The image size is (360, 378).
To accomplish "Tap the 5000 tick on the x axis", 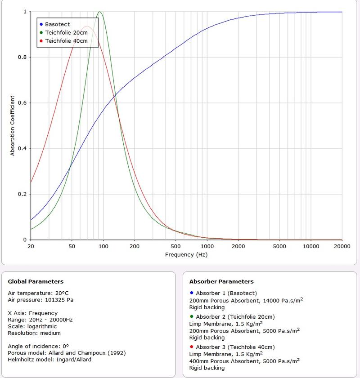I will pos(280,246).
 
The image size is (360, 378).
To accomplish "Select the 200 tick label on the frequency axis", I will pos(135,246).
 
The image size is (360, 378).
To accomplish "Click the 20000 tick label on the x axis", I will pos(342,246).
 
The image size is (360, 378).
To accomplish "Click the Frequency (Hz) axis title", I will pos(186,254).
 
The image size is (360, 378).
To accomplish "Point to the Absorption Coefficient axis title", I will pos(13,125).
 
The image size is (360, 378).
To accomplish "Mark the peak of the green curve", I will pos(99,12).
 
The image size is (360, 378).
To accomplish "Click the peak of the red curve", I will pos(87,27).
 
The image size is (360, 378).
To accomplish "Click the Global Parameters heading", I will pos(36,282).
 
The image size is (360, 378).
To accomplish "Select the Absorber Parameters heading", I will pos(221,282).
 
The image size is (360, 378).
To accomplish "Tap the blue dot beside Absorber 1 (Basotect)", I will pos(192,293).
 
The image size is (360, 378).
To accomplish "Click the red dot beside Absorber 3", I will pos(192,347).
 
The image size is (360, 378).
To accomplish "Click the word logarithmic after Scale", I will pos(40,326).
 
